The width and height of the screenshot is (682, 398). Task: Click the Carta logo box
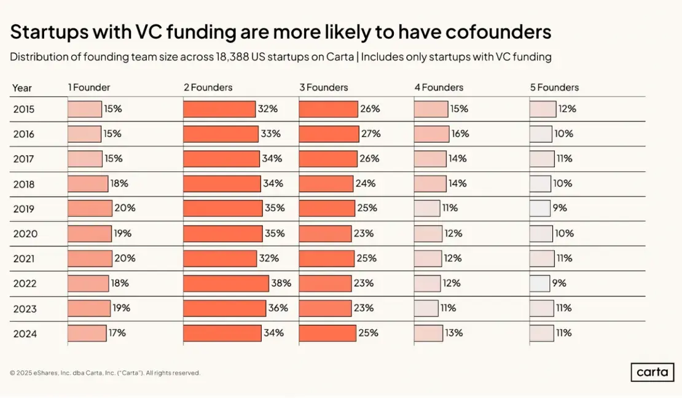click(x=652, y=372)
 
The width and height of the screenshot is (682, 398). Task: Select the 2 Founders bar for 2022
click(x=226, y=283)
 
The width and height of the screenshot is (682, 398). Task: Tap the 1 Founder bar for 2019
click(x=90, y=208)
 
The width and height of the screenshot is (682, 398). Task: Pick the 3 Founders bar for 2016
click(x=329, y=134)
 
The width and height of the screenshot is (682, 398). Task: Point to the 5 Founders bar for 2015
click(x=543, y=109)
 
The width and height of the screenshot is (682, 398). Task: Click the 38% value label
click(x=281, y=283)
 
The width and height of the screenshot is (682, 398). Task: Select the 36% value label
click(x=278, y=308)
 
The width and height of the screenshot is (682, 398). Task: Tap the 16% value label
click(x=460, y=134)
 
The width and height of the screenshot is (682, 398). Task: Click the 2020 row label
click(x=25, y=234)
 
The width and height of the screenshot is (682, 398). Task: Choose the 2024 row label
click(x=25, y=334)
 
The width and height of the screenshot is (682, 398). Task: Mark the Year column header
click(x=22, y=88)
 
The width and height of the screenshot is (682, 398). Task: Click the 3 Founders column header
click(x=324, y=88)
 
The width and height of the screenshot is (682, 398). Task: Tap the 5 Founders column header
click(x=554, y=88)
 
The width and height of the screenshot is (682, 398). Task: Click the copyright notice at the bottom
click(x=105, y=373)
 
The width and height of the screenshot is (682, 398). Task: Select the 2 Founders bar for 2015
click(x=219, y=109)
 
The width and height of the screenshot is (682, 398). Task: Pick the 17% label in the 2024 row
click(x=117, y=333)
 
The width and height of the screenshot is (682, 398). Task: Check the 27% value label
click(x=371, y=134)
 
